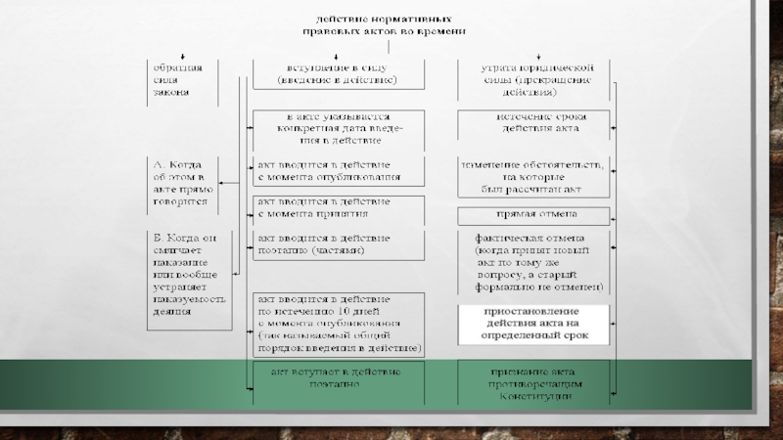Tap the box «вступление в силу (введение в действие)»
point(338,73)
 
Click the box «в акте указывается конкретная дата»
point(338,128)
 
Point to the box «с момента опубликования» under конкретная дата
point(338,170)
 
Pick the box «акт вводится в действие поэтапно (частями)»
point(338,244)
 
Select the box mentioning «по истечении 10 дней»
point(338,323)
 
